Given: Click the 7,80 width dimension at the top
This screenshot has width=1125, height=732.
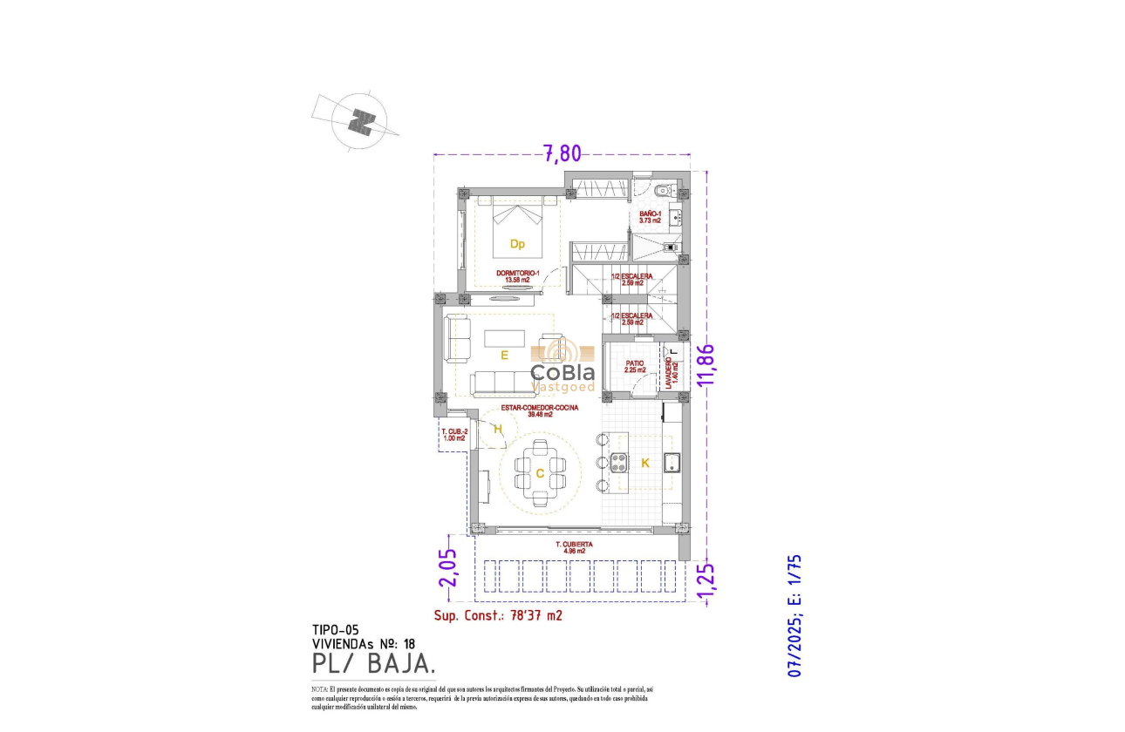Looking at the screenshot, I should [x=562, y=153].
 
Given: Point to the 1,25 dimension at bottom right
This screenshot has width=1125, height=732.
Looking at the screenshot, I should [x=707, y=580].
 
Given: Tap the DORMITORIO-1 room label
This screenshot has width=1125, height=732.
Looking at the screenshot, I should [x=518, y=276].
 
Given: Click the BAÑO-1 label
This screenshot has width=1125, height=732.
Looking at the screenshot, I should [x=650, y=217].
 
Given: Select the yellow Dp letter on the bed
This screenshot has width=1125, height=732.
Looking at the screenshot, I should [x=517, y=244].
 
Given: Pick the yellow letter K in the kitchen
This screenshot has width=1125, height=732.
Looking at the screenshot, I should [x=645, y=464].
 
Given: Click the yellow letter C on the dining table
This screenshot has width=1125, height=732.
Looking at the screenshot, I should [x=540, y=474].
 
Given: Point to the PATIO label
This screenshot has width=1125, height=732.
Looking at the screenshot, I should [x=634, y=367].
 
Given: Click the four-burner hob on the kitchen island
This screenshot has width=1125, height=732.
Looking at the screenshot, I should [x=619, y=464].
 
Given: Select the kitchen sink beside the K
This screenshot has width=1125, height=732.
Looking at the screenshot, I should [x=672, y=463].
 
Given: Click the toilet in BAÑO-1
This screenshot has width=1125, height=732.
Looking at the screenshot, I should [x=661, y=189].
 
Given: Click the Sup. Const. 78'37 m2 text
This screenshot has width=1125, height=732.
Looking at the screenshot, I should [x=498, y=615].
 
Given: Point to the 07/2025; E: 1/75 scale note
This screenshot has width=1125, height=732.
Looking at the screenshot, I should [x=794, y=615].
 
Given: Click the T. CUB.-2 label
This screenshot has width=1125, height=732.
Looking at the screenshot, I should [x=453, y=435].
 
